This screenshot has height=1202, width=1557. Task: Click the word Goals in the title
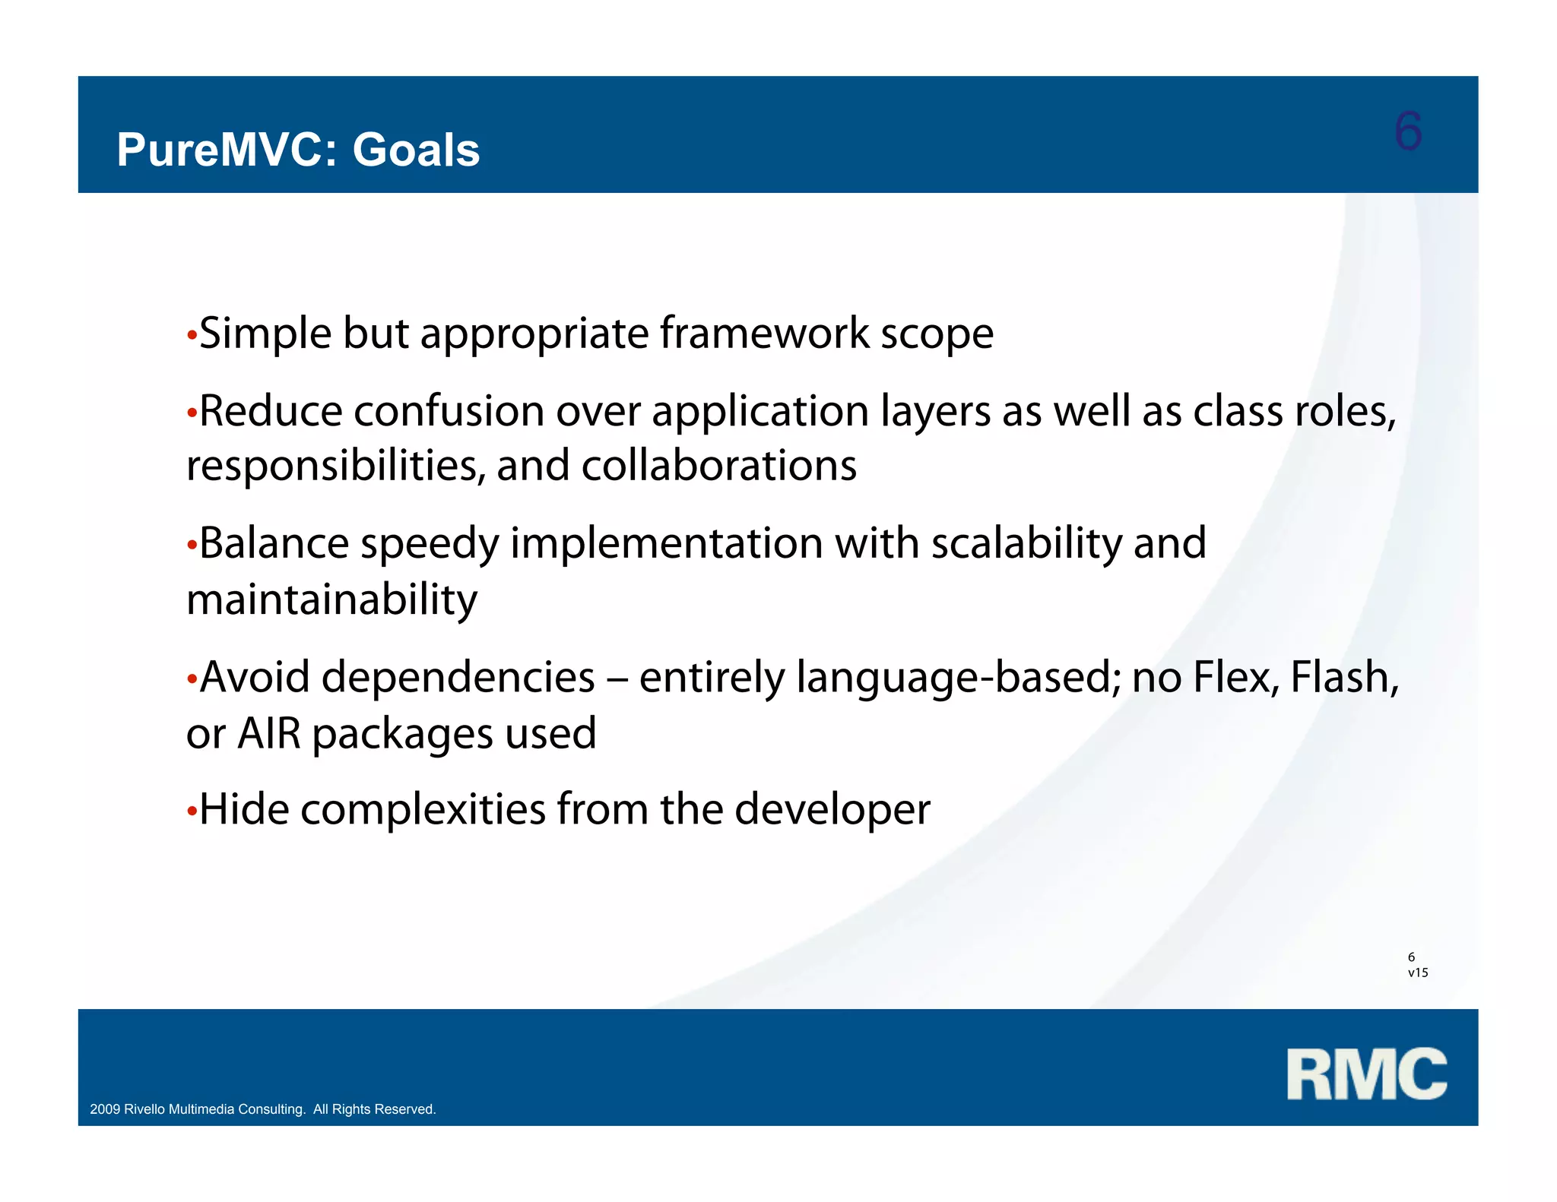click(x=416, y=150)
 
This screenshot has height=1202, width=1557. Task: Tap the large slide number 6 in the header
click(x=1407, y=131)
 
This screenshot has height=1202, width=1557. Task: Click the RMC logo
click(x=1366, y=1074)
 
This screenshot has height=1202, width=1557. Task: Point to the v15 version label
click(x=1418, y=973)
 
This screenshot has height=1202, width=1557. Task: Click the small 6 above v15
click(x=1411, y=957)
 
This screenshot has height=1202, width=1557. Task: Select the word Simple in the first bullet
click(x=265, y=334)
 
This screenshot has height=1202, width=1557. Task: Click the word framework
click(x=764, y=334)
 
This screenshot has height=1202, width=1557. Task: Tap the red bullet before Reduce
click(x=192, y=413)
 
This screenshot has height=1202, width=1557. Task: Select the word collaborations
click(x=718, y=466)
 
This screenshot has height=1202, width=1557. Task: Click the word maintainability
click(x=331, y=599)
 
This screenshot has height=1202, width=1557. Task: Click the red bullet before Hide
click(x=192, y=811)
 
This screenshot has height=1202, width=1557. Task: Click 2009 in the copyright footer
click(x=105, y=1109)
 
